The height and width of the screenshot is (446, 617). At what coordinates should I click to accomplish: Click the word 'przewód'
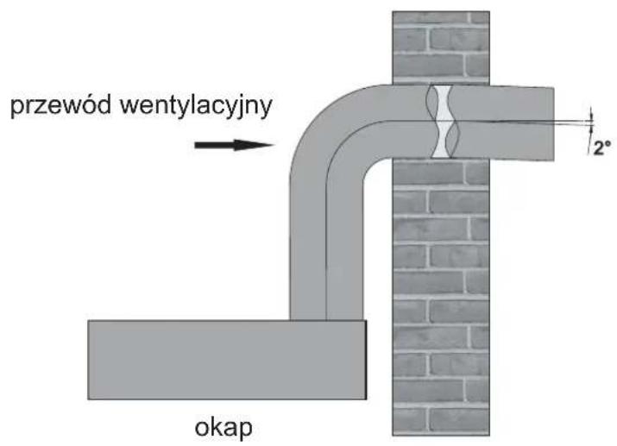(x=60, y=105)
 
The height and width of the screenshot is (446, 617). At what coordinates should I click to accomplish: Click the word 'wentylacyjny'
(x=196, y=106)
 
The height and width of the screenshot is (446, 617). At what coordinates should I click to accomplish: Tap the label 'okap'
(x=224, y=428)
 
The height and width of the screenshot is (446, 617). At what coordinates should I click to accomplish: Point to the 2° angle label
(x=602, y=148)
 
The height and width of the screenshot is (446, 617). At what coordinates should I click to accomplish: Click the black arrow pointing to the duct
(x=234, y=145)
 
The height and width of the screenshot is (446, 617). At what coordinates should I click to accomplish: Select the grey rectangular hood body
(x=227, y=360)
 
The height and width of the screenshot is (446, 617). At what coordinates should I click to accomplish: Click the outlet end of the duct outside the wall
(x=553, y=124)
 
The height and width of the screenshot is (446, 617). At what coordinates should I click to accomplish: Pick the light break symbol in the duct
(x=443, y=122)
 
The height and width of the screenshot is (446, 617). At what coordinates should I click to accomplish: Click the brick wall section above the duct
(x=441, y=48)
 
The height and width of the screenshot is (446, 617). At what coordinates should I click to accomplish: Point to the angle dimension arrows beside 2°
(x=590, y=123)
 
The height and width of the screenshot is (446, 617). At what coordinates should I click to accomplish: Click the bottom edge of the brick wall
(x=441, y=435)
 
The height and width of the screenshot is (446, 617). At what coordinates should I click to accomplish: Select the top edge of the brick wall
(x=441, y=12)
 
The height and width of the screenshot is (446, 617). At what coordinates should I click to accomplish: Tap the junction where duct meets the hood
(x=326, y=320)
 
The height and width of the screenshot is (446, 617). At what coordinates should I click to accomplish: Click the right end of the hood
(x=366, y=360)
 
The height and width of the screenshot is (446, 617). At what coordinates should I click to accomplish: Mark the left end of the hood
(x=89, y=360)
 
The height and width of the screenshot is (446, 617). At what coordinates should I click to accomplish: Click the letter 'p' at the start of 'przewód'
(x=17, y=109)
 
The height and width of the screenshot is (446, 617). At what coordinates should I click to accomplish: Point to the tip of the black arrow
(x=274, y=145)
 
